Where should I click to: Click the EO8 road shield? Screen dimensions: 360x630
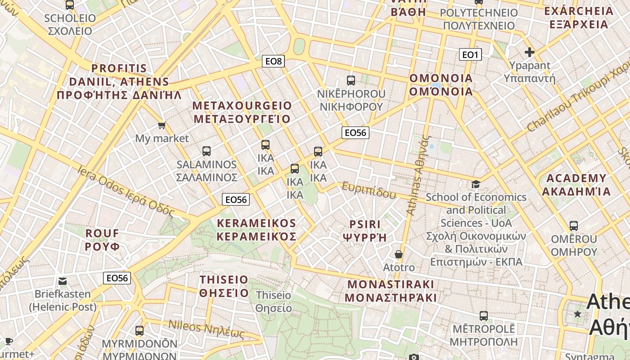274,61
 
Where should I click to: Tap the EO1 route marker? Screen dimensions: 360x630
470,55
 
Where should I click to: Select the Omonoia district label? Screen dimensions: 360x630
441,85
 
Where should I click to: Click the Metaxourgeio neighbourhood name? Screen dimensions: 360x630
242,112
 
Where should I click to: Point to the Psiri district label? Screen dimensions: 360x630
365,230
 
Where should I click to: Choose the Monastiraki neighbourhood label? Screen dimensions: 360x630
391,291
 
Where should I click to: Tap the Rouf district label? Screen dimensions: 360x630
103,240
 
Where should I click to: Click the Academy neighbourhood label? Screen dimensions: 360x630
576,185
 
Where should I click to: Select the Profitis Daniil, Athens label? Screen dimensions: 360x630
119,81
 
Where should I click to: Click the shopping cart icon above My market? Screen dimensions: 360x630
162,125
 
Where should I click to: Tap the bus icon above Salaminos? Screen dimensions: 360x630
207,151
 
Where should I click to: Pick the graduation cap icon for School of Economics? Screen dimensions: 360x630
476,184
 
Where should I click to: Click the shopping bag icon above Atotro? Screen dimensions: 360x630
398,255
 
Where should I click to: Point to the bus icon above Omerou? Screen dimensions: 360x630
574,226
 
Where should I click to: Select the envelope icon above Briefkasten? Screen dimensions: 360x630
63,281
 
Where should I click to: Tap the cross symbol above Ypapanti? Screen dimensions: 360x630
530,52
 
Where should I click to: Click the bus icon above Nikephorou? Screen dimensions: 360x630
351,81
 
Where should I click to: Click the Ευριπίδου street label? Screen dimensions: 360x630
369,190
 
